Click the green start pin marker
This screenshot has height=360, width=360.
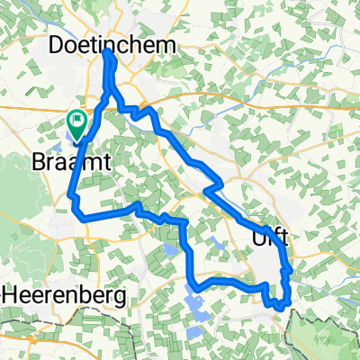tap(77, 124)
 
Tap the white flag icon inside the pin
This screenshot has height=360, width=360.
tap(78, 119)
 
